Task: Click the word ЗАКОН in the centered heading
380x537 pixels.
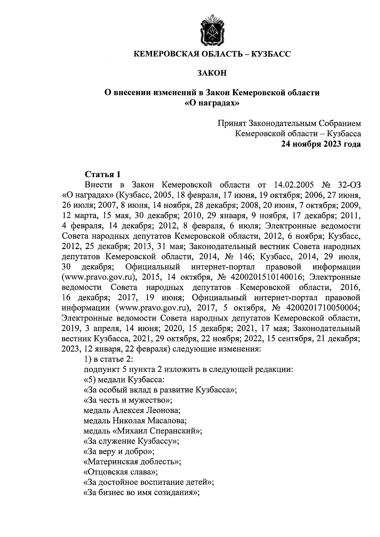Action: coord(212,73)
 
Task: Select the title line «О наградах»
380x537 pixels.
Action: coord(212,103)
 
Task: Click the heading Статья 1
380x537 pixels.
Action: coord(102,174)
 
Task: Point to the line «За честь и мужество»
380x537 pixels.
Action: coord(128,400)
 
